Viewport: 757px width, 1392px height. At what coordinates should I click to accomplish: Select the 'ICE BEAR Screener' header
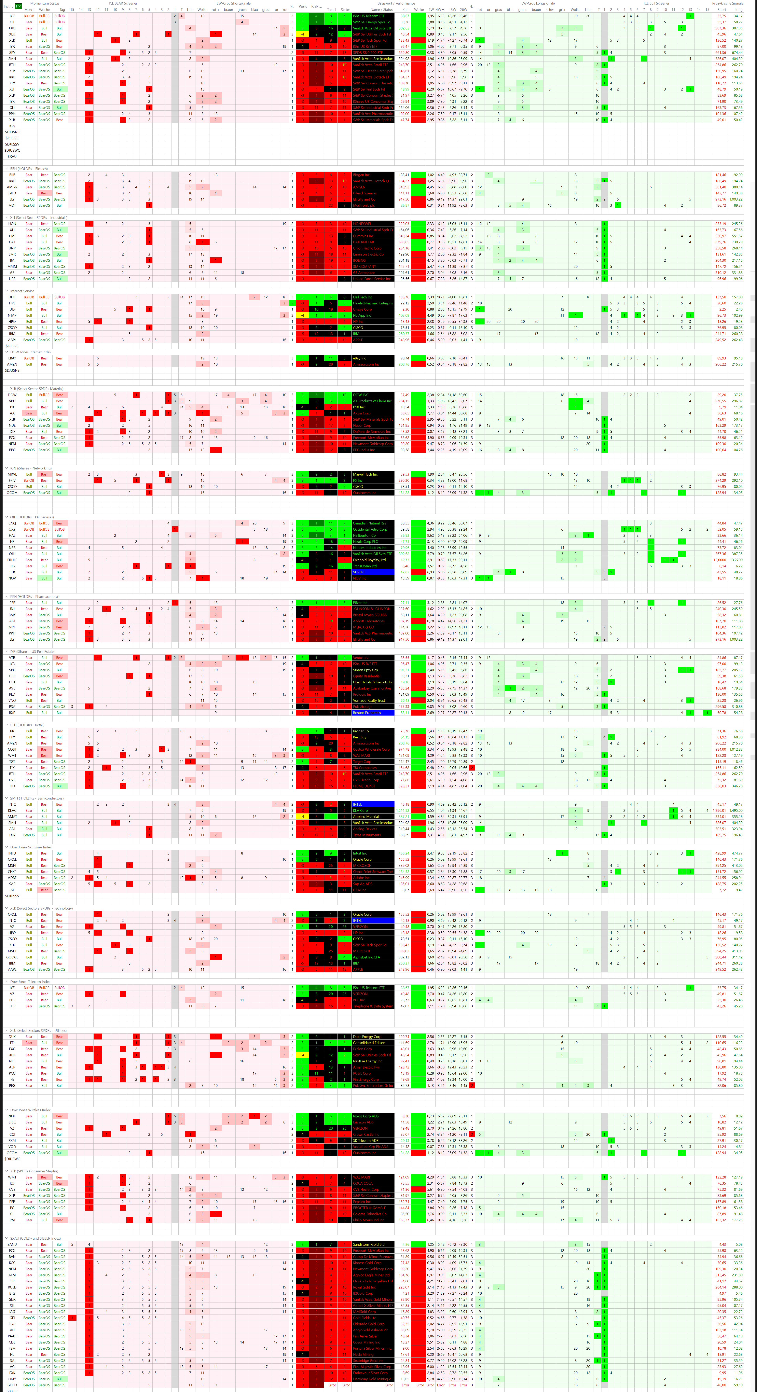tap(123, 3)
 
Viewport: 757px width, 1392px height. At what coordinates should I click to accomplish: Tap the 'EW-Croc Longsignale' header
tap(538, 3)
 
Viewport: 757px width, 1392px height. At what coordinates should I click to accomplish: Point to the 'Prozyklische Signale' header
tap(727, 3)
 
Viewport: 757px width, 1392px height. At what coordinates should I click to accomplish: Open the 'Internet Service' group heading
tap(22, 291)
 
